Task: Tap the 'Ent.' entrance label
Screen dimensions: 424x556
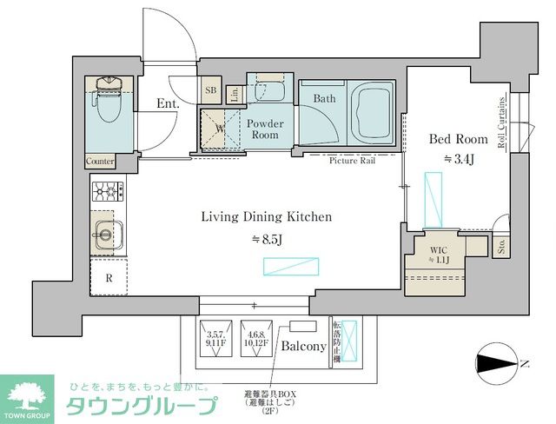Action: point(168,103)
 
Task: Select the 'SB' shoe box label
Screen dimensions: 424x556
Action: point(211,90)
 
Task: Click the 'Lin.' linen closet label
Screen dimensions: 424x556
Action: point(235,94)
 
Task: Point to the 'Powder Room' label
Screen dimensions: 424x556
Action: point(265,129)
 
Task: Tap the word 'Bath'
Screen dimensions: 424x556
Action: point(324,99)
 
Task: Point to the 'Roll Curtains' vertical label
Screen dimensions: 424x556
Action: point(502,125)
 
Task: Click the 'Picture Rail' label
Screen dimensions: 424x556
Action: point(352,161)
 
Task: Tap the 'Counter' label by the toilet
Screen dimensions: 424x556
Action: point(101,162)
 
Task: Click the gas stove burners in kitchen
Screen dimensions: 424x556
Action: point(107,190)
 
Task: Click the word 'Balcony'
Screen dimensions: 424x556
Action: point(303,346)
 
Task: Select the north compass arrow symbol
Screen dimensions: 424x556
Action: point(497,361)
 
